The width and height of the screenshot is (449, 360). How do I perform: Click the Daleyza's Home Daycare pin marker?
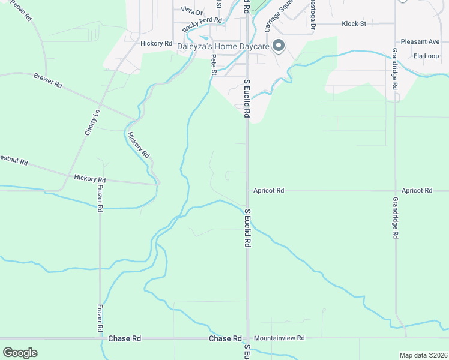279,46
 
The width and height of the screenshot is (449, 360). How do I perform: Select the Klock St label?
354,23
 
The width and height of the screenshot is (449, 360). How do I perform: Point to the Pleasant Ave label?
420,41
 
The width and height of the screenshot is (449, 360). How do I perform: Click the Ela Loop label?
426,56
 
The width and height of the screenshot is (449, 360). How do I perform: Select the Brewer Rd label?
48,81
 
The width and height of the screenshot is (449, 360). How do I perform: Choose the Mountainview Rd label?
279,338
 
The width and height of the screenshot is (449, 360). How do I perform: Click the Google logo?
20,352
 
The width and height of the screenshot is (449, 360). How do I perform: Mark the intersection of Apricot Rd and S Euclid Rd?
247,190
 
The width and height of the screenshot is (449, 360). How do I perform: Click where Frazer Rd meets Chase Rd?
100,338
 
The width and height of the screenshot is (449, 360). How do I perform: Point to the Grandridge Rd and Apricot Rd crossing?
394,190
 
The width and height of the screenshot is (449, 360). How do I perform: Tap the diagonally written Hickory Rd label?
138,145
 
